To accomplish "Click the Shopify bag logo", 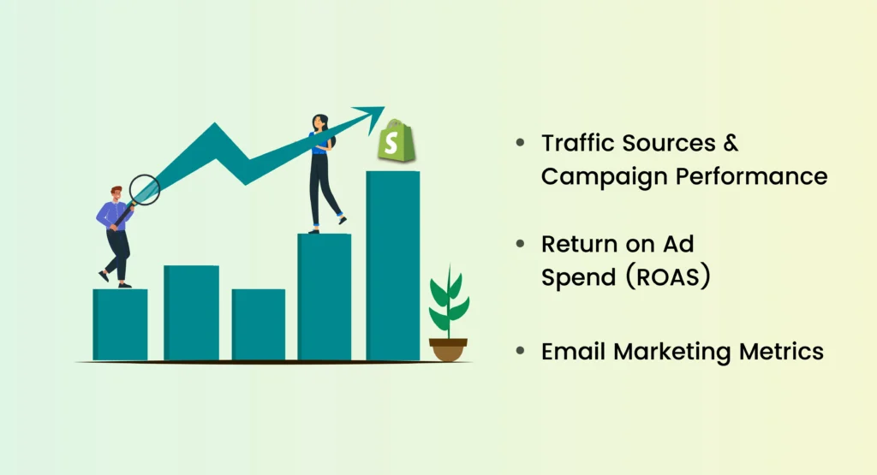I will click(396, 143).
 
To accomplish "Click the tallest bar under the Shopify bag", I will click(392, 265).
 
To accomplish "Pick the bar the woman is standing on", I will click(324, 295).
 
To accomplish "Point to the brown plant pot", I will click(448, 349).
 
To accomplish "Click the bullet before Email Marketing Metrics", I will click(520, 352).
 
